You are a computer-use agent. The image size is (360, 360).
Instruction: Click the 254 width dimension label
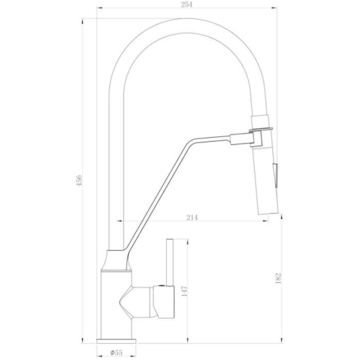pyautogui.click(x=186, y=4)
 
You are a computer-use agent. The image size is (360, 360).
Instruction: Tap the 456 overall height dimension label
pyautogui.click(x=79, y=180)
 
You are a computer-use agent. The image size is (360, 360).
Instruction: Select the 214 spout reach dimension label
pyautogui.click(x=192, y=217)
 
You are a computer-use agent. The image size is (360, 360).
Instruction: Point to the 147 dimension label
pyautogui.click(x=184, y=291)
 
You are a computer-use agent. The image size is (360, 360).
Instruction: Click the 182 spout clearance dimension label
pyautogui.click(x=278, y=278)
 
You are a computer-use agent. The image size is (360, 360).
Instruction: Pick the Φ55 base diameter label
pyautogui.click(x=116, y=352)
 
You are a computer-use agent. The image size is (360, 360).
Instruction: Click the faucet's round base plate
pyautogui.click(x=116, y=341)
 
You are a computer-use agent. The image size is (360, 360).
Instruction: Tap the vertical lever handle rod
pyautogui.click(x=170, y=263)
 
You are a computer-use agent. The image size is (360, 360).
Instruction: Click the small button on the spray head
pyautogui.click(x=276, y=174)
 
